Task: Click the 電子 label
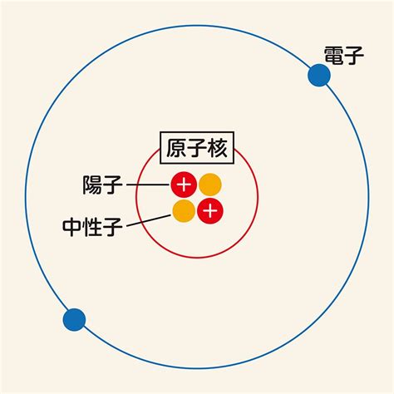pos(344,56)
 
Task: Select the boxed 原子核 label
pos(197,148)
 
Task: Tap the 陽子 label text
pos(102,185)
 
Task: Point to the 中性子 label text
pos(92,227)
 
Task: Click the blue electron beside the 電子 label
pos(319,75)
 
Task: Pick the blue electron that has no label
pos(74,320)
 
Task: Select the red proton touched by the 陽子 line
pos(184,185)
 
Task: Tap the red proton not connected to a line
pos(210,211)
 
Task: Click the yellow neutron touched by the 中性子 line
pos(184,211)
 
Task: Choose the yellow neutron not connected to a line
pos(210,185)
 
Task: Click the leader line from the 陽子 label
pos(149,185)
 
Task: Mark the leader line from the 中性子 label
pos(149,220)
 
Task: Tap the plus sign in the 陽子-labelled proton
pos(184,185)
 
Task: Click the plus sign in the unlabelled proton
pos(210,211)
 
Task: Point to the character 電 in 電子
pos(334,56)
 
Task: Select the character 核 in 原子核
pos(217,148)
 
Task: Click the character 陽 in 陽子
pos(92,185)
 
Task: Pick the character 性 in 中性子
pos(92,227)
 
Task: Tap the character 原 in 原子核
pos(176,148)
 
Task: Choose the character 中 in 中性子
pos(72,227)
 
